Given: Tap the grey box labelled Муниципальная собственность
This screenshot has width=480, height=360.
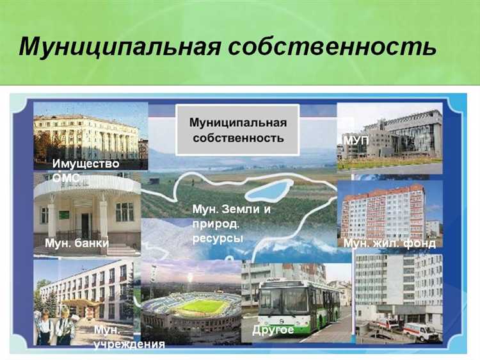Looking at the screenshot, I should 237,130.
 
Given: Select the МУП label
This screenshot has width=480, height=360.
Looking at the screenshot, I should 356,140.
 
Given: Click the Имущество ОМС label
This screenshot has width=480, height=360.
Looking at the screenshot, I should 86,170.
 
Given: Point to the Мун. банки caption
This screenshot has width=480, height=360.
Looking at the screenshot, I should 76,243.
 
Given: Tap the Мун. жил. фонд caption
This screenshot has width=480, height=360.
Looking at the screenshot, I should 389,243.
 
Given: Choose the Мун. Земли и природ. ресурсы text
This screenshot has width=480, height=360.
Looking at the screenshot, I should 231,224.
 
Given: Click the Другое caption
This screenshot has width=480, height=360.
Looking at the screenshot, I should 273,330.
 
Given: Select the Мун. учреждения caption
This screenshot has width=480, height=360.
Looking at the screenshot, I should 128,337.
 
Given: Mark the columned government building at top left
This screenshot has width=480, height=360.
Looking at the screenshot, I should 86,136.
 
